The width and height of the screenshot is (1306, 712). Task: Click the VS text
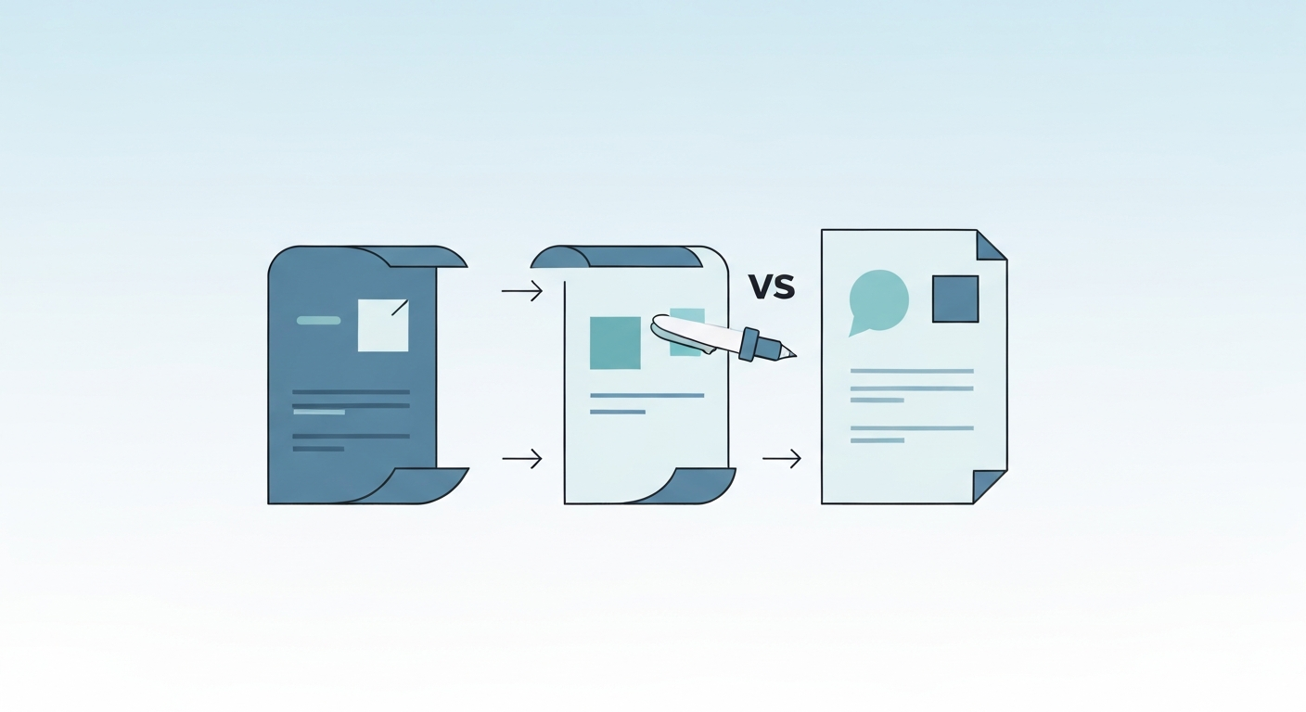[772, 287]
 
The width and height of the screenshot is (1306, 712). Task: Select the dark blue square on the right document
[954, 299]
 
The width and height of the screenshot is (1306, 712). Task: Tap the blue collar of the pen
[749, 344]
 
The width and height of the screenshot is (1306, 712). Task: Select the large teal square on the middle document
[615, 342]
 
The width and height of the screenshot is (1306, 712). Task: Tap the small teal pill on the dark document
[318, 320]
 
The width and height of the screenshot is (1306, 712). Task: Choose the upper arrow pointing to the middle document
[522, 291]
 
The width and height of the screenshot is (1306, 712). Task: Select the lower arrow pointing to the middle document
[522, 458]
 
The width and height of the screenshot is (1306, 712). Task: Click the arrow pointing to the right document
[782, 458]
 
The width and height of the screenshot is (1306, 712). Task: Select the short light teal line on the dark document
[319, 412]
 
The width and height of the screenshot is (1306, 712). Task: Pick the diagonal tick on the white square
[400, 307]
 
